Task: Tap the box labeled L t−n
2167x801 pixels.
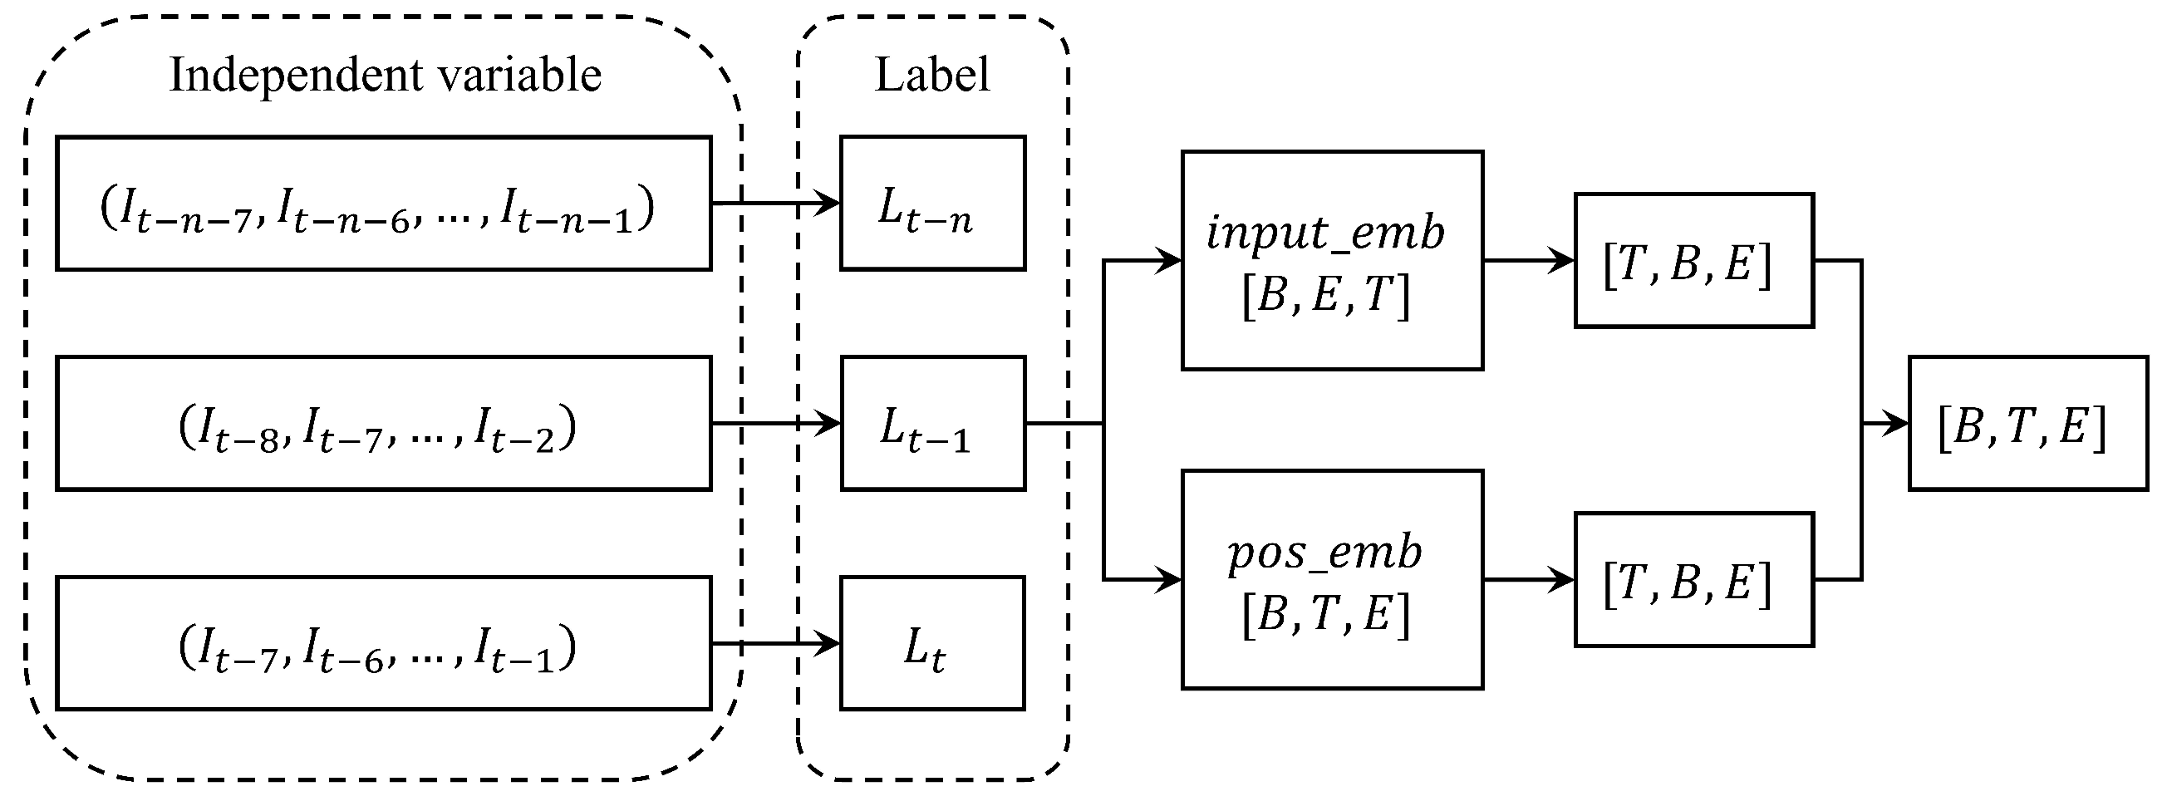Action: [x=932, y=204]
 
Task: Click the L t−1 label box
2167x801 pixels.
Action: [x=932, y=424]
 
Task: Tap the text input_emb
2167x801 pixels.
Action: [x=1326, y=232]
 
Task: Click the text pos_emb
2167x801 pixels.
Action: [x=1325, y=553]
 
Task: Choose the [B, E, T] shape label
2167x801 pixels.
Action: [x=1326, y=296]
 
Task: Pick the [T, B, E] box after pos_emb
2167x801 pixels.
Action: [x=1693, y=581]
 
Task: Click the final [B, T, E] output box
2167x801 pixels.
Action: [x=2027, y=424]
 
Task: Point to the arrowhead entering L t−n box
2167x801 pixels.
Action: [x=829, y=204]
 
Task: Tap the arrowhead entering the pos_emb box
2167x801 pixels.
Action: [x=1170, y=580]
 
